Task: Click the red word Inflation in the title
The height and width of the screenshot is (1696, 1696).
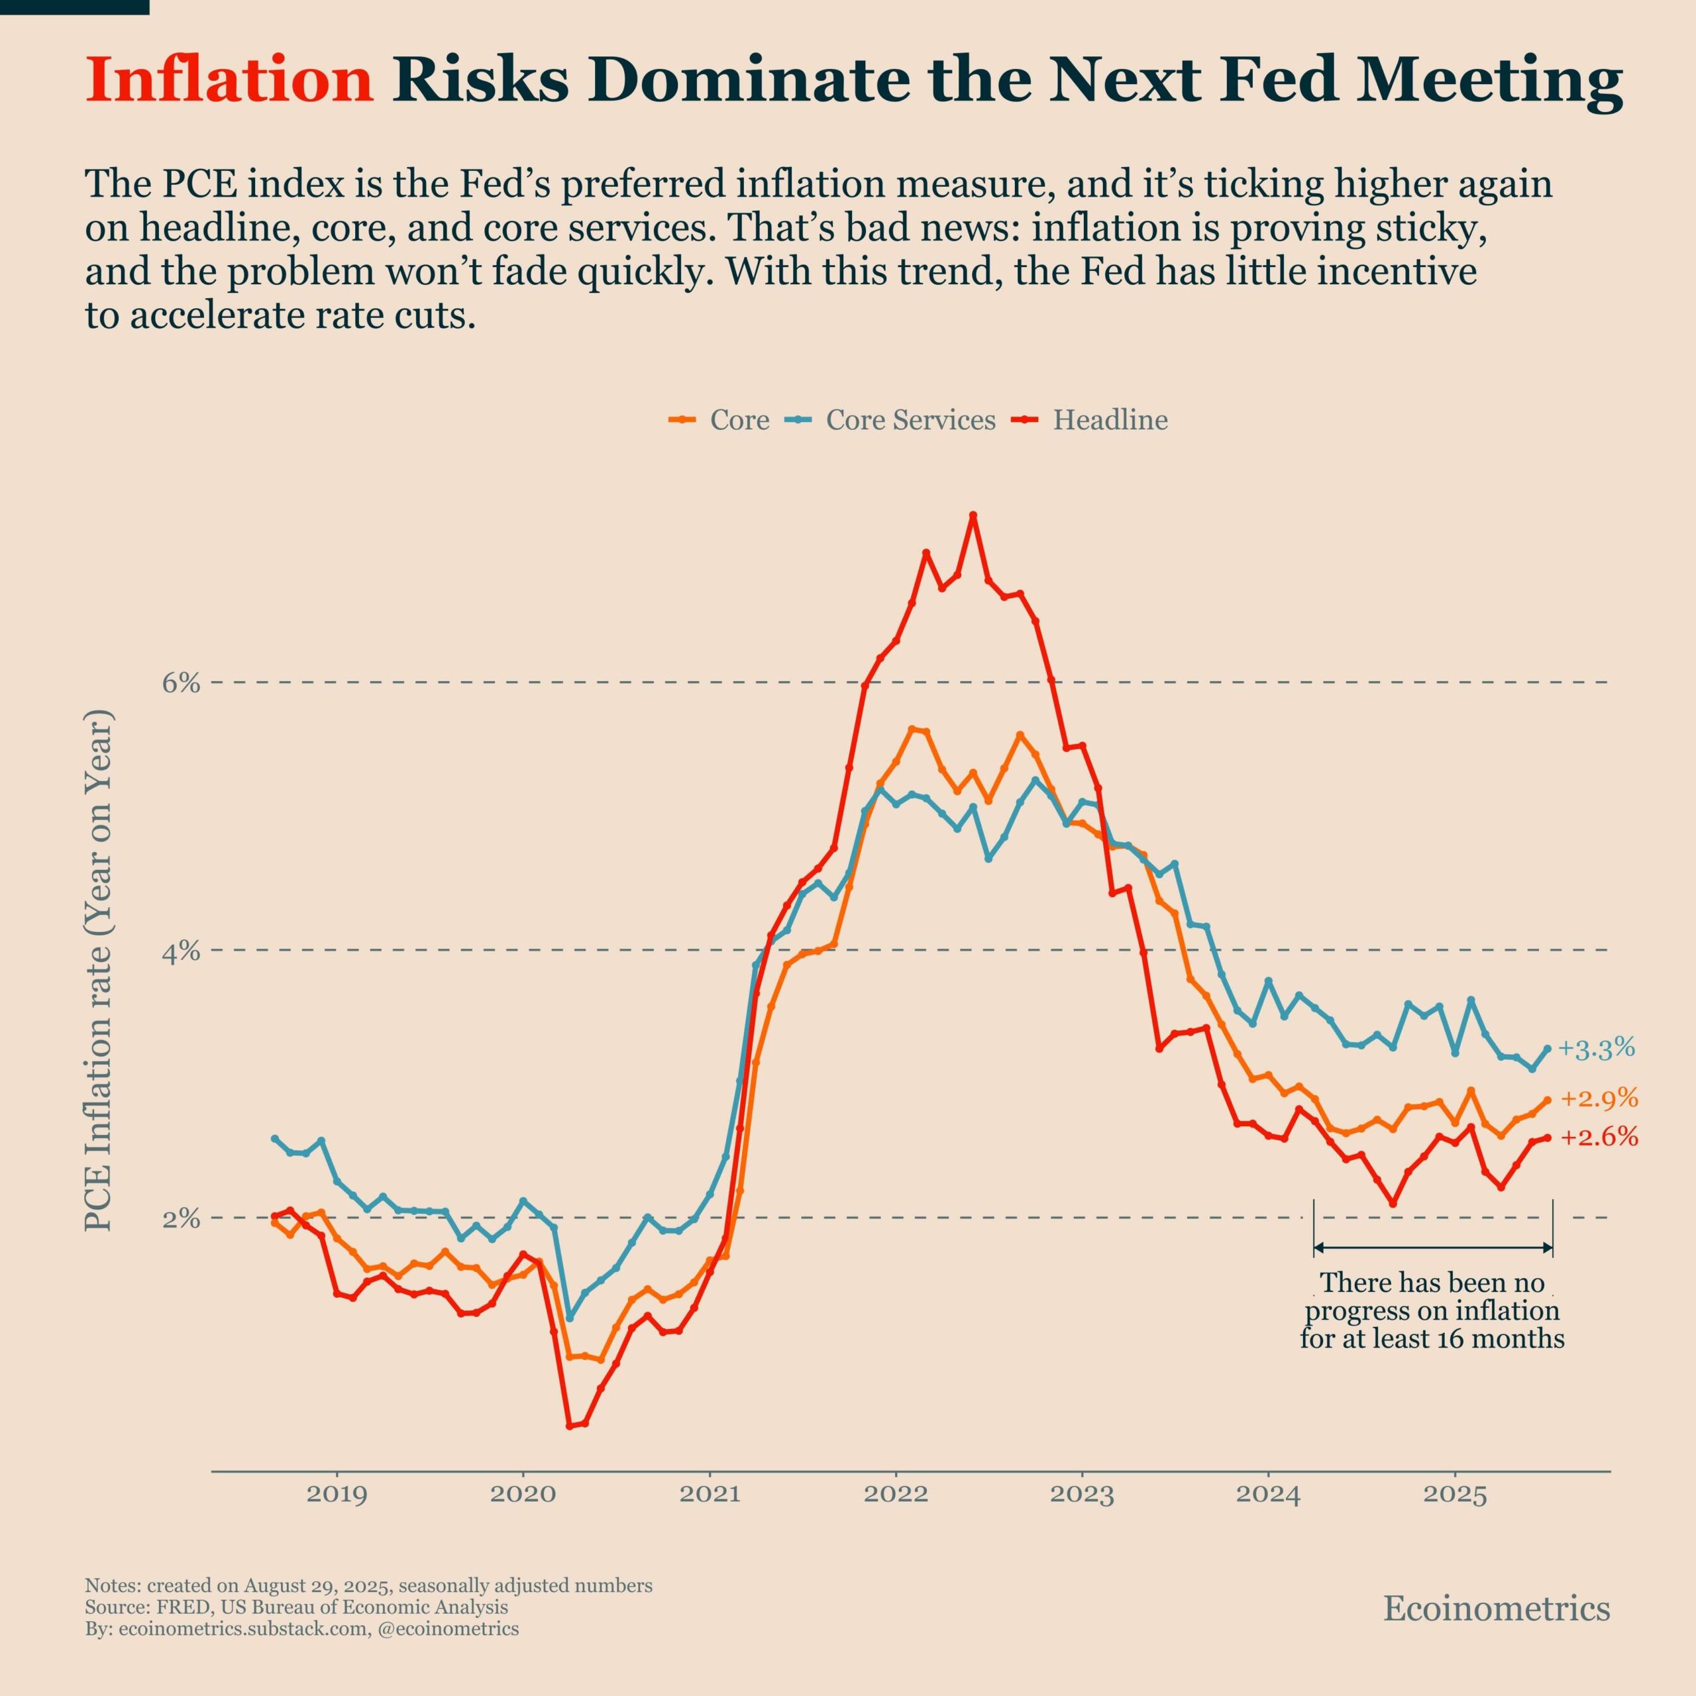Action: coord(230,80)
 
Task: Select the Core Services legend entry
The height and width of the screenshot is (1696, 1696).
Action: coord(910,421)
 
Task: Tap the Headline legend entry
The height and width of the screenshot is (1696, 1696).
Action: coord(1110,421)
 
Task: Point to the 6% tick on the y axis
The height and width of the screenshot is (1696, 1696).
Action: coord(181,683)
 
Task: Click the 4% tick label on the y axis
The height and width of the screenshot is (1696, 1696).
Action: coord(181,951)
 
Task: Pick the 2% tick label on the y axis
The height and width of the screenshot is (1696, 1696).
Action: coord(181,1218)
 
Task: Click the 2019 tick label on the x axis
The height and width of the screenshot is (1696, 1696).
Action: coord(337,1494)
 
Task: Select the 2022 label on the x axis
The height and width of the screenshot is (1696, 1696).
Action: coord(896,1494)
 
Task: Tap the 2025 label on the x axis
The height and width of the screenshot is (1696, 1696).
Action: coord(1455,1494)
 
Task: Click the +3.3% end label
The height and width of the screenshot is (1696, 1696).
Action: coord(1597,1048)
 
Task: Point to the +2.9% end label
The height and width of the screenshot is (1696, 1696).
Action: coord(1599,1098)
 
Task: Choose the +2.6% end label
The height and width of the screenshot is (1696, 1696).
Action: coord(1599,1138)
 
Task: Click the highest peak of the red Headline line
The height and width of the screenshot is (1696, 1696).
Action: coord(973,515)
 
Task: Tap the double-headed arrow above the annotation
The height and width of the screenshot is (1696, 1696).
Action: coord(1432,1247)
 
